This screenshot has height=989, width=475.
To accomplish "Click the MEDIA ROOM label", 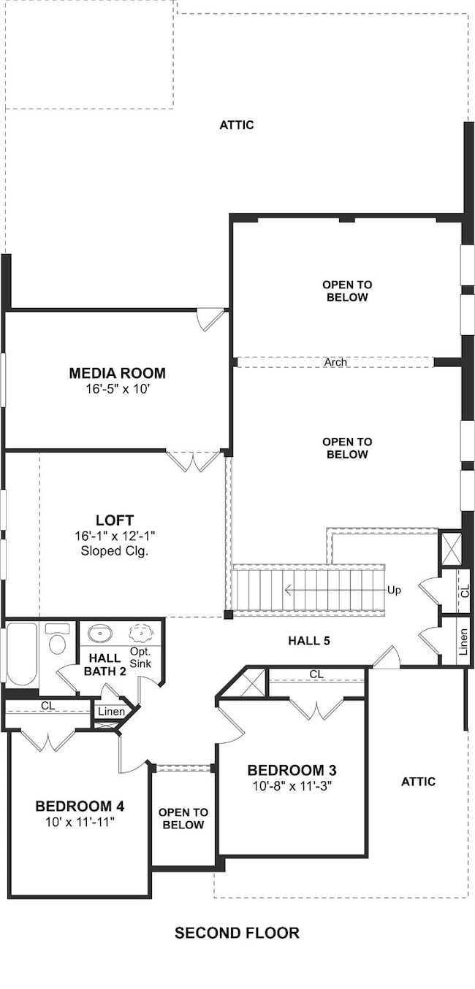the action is tap(117, 373).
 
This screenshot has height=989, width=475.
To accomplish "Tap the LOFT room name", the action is tap(115, 520).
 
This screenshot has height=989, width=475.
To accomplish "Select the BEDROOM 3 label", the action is tap(292, 771).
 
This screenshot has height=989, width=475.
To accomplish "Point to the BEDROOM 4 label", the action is tap(80, 807).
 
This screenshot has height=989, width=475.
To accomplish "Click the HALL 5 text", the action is tap(309, 641).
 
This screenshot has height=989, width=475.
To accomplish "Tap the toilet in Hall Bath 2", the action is tap(57, 639).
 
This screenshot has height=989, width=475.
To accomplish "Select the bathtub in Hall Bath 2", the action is tap(21, 654).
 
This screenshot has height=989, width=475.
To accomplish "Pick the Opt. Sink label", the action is tap(140, 658).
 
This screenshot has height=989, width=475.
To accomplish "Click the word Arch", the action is tap(335, 362).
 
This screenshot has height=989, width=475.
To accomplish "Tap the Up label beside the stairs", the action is tap(394, 590).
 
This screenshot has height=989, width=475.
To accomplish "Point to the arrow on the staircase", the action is tap(335, 590).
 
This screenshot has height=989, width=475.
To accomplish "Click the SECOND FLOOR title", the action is tap(237, 933).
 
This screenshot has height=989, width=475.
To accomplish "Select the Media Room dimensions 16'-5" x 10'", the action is tap(118, 389).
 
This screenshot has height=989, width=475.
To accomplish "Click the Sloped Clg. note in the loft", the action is tap(114, 551).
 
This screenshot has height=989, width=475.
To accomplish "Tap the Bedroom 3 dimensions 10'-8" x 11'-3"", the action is tap(292, 786).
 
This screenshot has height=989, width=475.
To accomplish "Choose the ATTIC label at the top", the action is tap(237, 125).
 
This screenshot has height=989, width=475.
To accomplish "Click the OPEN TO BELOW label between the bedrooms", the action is tap(183, 819).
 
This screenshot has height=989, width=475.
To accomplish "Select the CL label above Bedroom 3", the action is tap(316, 674).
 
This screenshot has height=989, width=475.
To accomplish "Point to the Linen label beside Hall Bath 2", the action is tap(111, 712).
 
